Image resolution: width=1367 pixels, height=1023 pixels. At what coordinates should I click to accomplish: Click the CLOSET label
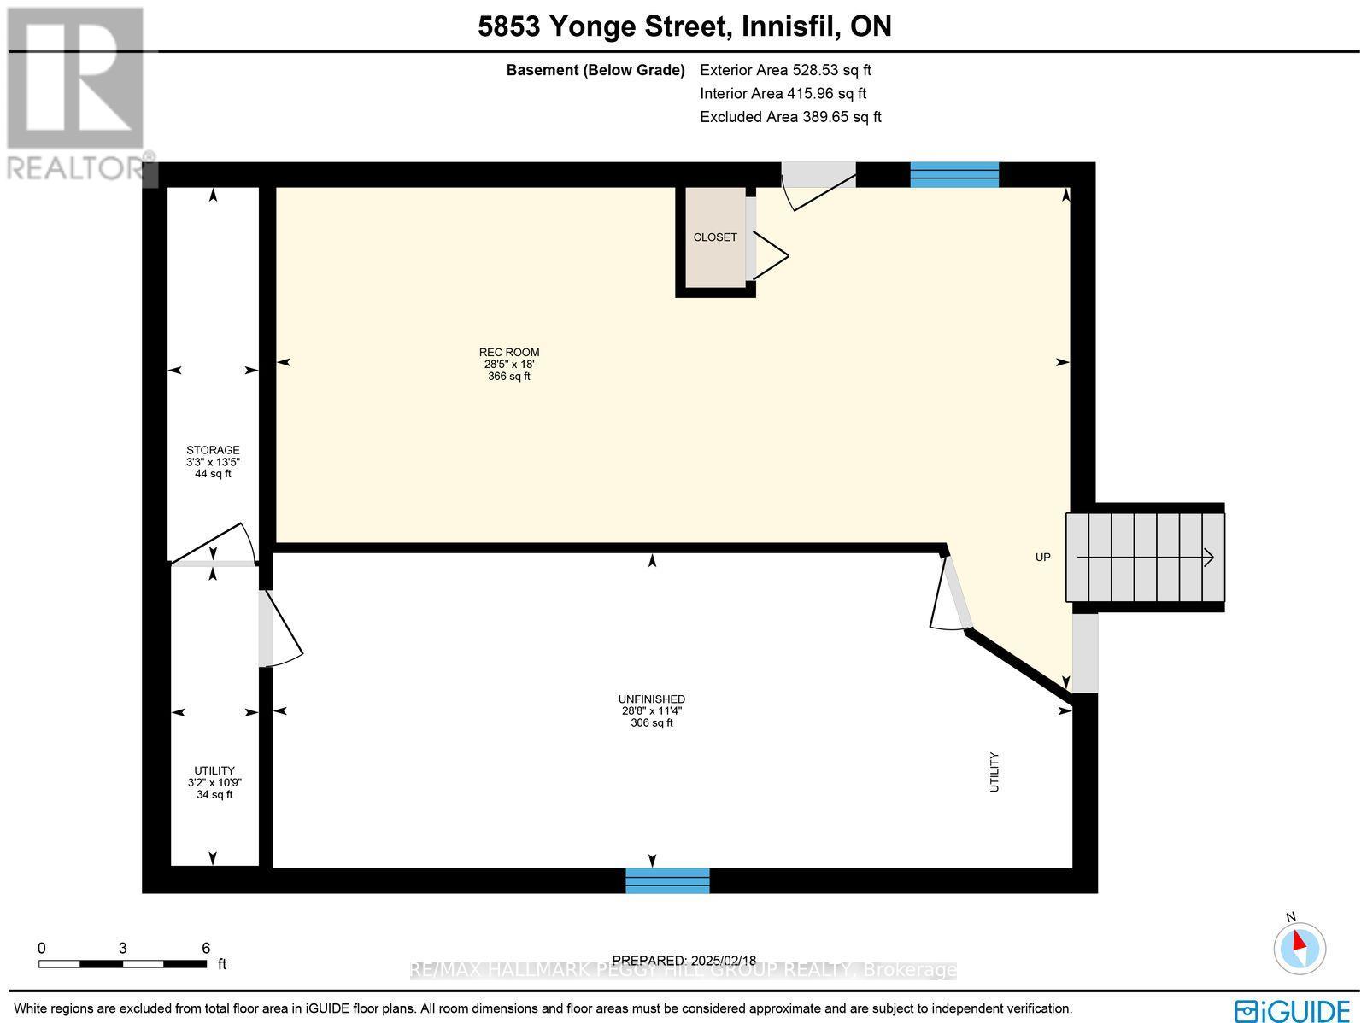[x=714, y=237]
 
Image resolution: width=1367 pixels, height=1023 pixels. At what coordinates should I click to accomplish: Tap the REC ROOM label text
[x=509, y=353]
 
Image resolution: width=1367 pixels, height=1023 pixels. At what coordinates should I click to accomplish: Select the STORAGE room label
[x=213, y=450]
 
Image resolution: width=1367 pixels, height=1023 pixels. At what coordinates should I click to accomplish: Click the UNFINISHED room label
[x=652, y=699]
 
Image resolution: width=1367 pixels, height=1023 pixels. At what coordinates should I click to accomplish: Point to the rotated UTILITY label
[x=994, y=771]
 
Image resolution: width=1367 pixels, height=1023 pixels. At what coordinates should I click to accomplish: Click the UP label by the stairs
[x=1042, y=558]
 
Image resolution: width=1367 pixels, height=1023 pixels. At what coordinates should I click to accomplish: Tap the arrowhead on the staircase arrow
[x=1209, y=558]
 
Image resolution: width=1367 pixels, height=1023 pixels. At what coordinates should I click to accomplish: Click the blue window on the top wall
[x=953, y=174]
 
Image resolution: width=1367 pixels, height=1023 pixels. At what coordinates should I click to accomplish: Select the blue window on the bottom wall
[x=667, y=880]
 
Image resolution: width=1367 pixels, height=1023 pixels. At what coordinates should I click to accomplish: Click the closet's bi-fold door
[x=769, y=254]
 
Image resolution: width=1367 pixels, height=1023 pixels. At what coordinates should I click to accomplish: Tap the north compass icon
[x=1299, y=946]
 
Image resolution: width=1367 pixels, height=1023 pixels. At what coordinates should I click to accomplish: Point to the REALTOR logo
[x=77, y=94]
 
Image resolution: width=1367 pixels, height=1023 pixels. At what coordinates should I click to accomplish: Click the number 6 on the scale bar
[x=206, y=948]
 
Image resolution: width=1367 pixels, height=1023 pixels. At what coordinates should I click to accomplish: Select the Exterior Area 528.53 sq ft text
[x=785, y=71]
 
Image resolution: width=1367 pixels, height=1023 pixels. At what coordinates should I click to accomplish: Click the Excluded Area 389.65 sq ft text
[x=790, y=117]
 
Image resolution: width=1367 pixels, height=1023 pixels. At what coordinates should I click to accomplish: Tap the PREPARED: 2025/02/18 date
[x=684, y=960]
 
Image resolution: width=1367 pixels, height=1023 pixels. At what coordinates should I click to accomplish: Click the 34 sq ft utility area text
[x=214, y=795]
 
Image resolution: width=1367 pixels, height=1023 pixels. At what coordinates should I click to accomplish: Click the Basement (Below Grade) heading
[x=595, y=71]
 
